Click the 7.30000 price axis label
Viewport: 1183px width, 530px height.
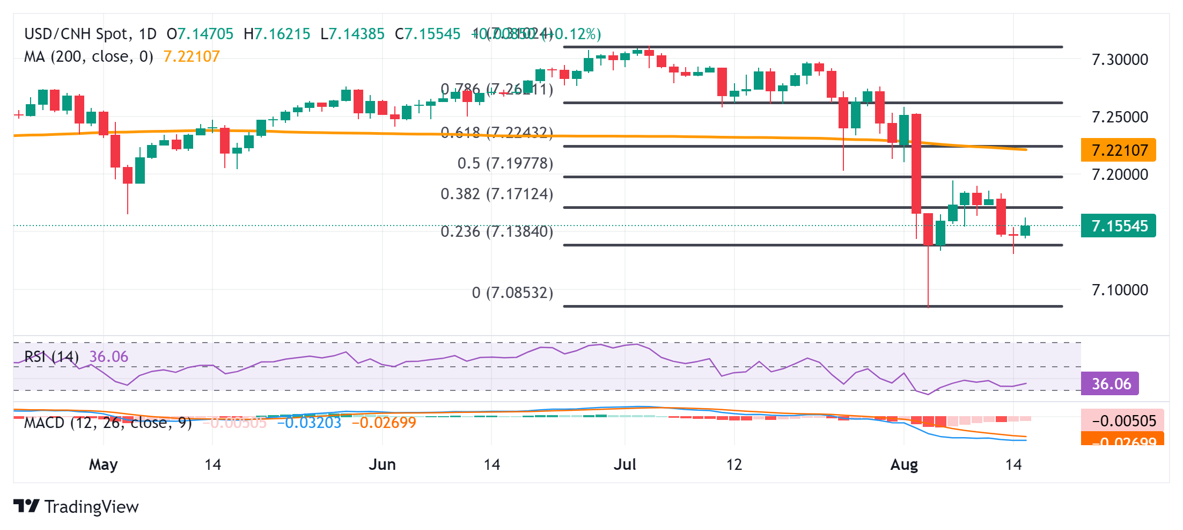click(1120, 60)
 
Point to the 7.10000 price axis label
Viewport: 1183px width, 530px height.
click(1120, 290)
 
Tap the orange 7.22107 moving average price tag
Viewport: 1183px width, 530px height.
click(1119, 150)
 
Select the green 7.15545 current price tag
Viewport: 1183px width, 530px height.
click(1119, 226)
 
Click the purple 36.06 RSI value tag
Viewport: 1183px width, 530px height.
click(1110, 384)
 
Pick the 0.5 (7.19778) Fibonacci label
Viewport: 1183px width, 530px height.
click(505, 163)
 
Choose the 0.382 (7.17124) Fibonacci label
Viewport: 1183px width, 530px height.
click(496, 194)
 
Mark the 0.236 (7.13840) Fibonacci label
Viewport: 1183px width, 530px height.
click(496, 231)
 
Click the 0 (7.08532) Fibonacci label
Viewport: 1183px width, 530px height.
click(512, 293)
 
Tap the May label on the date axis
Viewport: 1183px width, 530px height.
click(103, 464)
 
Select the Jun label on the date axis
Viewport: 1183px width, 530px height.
click(382, 464)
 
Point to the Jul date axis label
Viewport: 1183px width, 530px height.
click(625, 464)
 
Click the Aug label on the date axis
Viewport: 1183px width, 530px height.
click(904, 464)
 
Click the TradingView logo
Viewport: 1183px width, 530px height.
click(76, 506)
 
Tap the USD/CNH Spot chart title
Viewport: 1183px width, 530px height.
click(78, 34)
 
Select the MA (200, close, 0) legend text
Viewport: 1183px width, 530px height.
click(89, 56)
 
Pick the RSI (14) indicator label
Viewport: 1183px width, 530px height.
click(52, 357)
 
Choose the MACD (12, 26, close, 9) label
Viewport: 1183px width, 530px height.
click(108, 423)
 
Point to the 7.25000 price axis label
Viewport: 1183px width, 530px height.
click(1120, 117)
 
